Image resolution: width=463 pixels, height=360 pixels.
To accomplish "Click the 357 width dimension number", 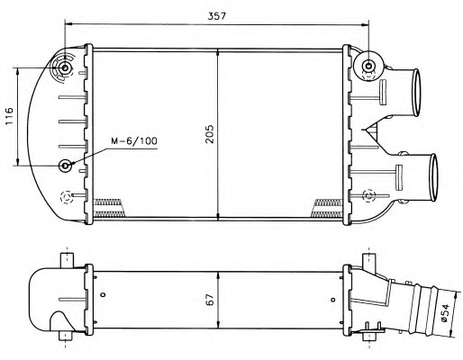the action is (216, 16).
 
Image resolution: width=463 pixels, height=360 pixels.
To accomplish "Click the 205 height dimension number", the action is (210, 134).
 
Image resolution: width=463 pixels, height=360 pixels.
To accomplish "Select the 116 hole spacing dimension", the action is (9, 116).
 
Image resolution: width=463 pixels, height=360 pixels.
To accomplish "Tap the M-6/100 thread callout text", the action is (134, 141).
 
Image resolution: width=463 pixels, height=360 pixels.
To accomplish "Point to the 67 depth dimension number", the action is (210, 300).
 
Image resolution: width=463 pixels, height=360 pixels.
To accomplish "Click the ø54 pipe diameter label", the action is (445, 313).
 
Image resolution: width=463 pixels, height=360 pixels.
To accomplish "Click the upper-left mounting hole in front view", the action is (65, 68).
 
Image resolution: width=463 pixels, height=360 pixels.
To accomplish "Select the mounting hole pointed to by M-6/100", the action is (65, 166).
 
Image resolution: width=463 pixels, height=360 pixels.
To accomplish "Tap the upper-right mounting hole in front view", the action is (368, 66).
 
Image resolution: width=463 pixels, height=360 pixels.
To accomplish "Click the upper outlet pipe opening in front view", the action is (416, 93).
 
